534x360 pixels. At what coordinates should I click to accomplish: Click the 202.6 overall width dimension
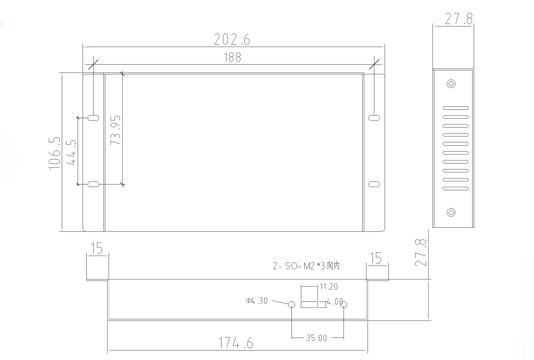point(232,39)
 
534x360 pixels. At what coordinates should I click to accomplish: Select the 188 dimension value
point(232,57)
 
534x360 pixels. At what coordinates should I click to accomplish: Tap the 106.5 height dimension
point(54,153)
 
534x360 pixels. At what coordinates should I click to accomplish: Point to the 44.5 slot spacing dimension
point(71,152)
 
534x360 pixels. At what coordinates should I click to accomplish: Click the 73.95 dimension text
point(115,130)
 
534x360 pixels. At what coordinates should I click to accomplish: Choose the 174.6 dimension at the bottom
point(236,343)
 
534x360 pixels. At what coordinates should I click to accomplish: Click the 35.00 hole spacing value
point(317,338)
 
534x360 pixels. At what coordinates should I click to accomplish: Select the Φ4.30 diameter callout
point(257,301)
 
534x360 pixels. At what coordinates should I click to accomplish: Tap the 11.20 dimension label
point(329,287)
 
